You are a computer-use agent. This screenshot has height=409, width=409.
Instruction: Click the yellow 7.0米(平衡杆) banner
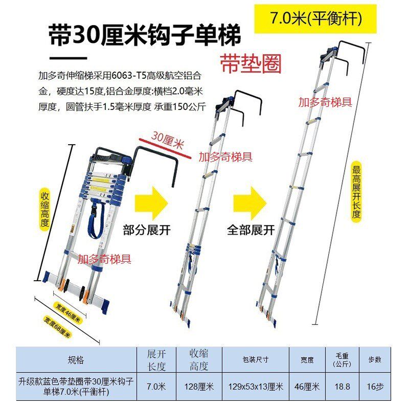click(x=315, y=19)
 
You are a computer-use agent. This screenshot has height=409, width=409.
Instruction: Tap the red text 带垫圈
click(x=251, y=63)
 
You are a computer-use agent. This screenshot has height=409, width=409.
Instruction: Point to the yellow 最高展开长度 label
click(x=356, y=191)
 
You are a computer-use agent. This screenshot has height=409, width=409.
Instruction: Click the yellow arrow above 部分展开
click(x=151, y=203)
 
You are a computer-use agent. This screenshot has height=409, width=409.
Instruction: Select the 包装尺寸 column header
click(x=256, y=360)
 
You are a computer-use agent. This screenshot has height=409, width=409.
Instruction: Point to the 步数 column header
click(x=375, y=360)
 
